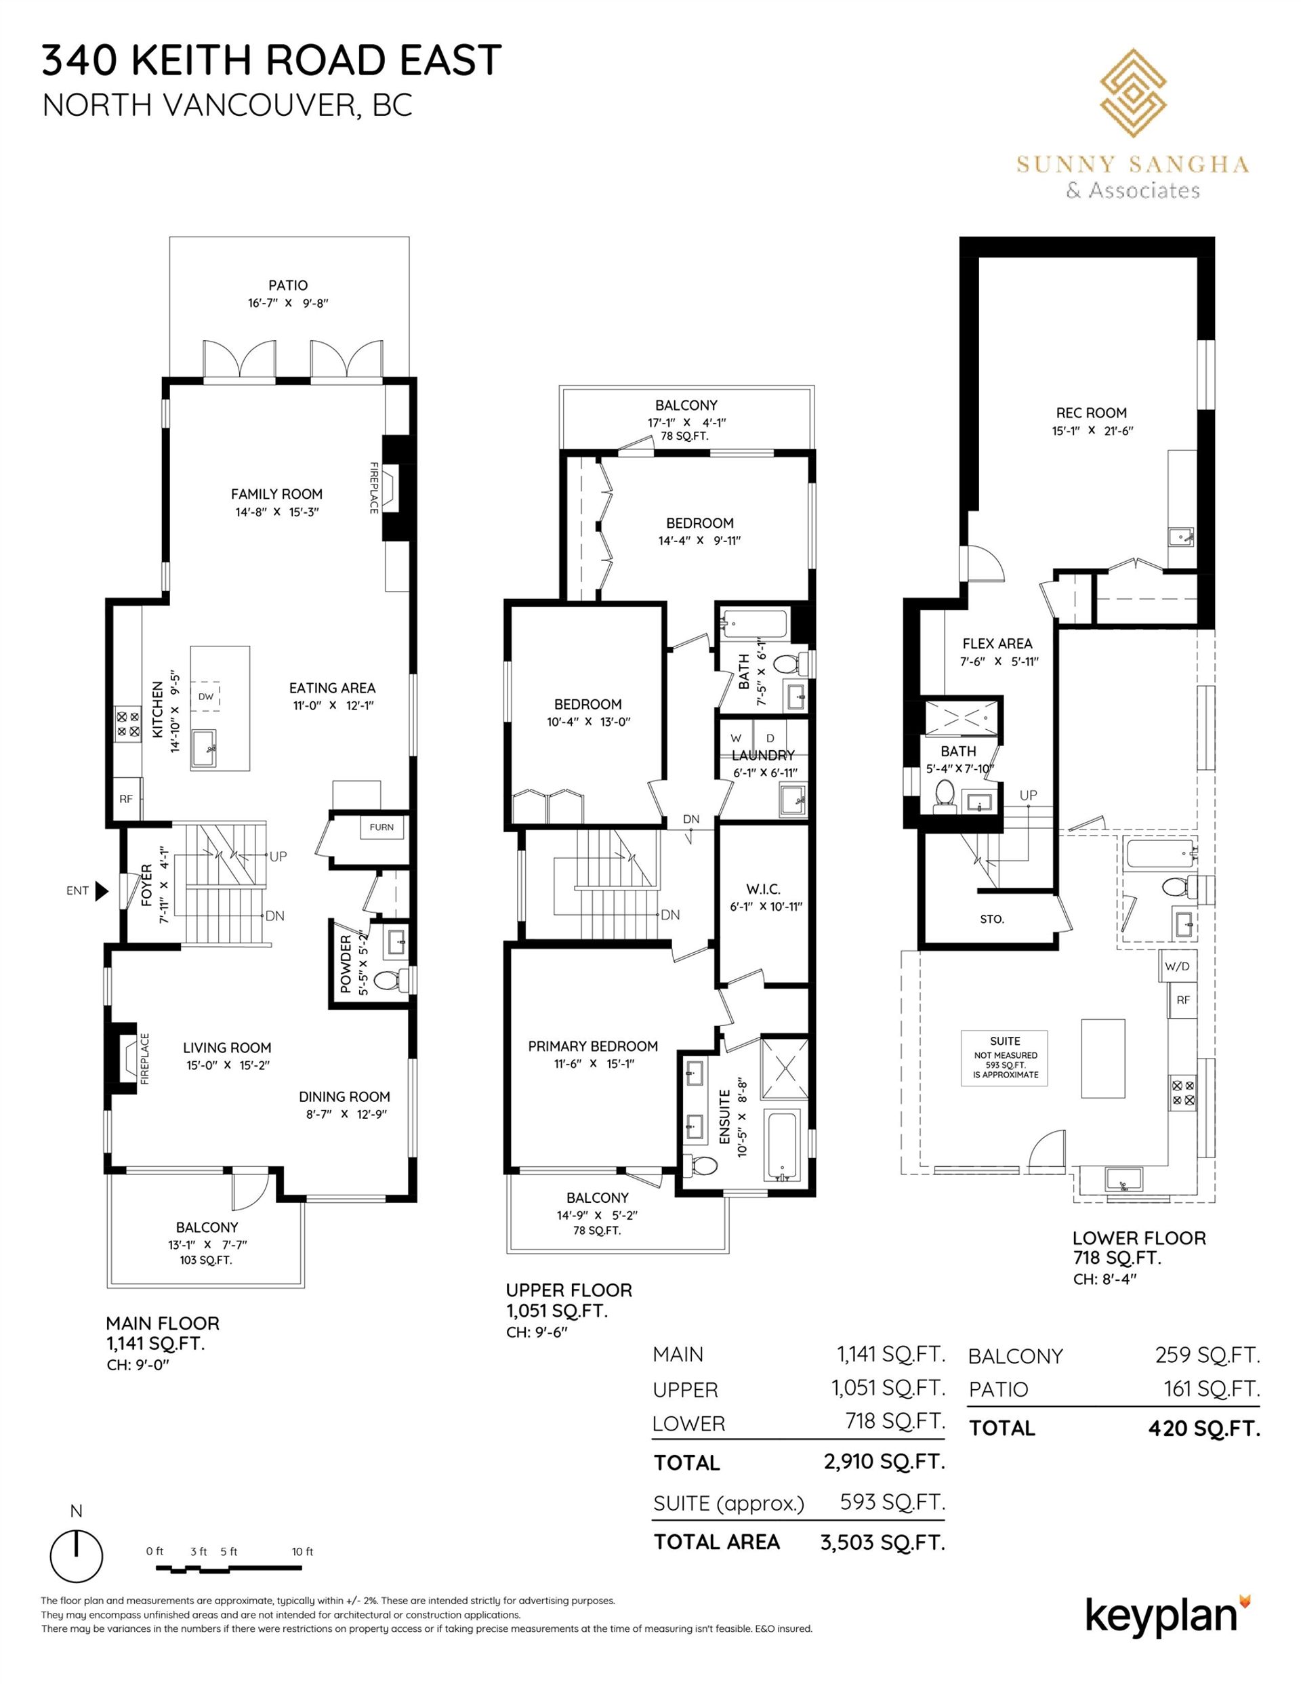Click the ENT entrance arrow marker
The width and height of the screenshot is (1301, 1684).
coord(101,890)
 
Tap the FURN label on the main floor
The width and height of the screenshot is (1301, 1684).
coord(381,827)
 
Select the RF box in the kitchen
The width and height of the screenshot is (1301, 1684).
coord(127,800)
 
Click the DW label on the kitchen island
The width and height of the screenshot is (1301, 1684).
coord(205,696)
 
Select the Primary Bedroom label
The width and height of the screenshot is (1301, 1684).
coord(593,1046)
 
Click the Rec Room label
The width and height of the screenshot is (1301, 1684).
coord(1091,413)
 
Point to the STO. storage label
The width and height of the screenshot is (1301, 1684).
coord(992,919)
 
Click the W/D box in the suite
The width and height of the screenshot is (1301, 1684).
coord(1178,966)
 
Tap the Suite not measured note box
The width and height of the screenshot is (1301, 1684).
coord(1004,1057)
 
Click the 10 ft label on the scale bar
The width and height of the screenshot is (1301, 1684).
coord(303,1551)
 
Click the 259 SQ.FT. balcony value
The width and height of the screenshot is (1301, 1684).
coord(1207,1354)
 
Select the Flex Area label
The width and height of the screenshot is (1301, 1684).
coord(997,643)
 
